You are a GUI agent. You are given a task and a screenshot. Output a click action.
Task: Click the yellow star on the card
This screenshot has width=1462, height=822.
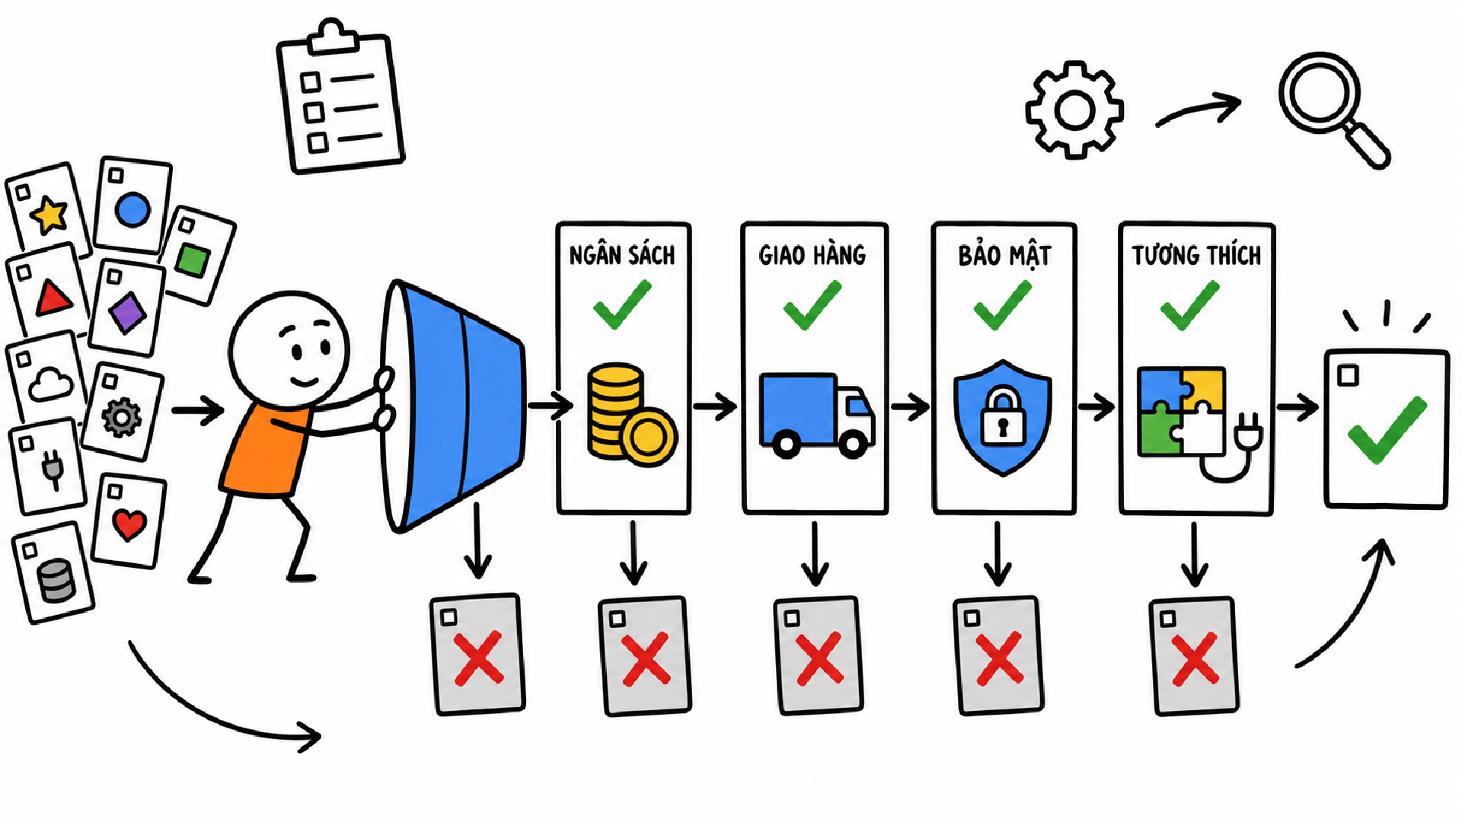pos(50,214)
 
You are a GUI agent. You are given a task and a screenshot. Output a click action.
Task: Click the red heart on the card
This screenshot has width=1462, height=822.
pos(129,524)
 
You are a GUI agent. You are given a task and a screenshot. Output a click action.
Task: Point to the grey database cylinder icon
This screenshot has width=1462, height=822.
pos(57,581)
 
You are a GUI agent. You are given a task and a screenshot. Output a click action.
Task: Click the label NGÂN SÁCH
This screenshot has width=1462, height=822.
pos(622,254)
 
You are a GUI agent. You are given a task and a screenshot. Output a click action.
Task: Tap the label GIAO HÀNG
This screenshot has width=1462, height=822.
pos(812,254)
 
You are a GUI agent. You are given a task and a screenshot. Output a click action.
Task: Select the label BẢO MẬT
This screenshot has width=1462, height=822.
pos(1004,256)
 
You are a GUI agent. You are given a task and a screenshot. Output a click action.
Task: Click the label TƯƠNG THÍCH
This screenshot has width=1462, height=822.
pos(1196,254)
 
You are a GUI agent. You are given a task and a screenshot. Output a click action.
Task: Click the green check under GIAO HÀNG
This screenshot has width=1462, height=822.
pos(812,304)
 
